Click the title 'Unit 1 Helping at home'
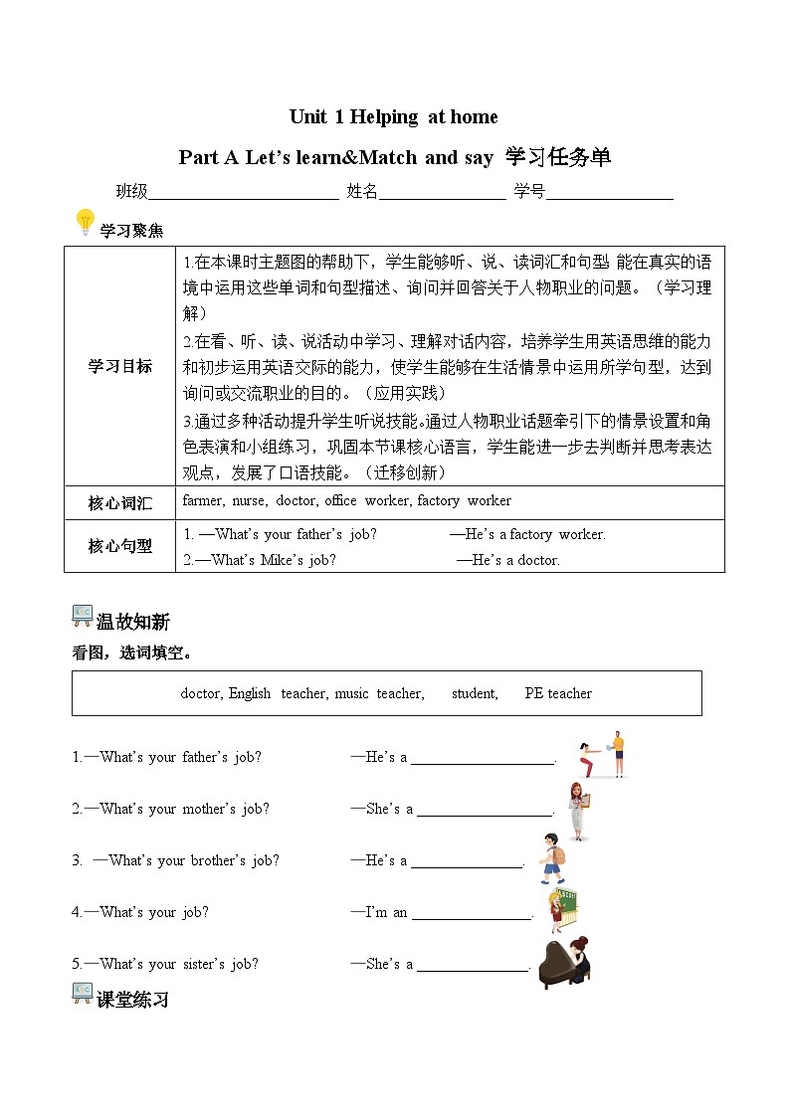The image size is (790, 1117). (x=393, y=117)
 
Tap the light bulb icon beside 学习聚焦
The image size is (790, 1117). (x=86, y=222)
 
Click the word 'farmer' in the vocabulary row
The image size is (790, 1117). (x=203, y=500)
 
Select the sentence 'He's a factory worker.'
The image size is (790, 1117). (x=527, y=534)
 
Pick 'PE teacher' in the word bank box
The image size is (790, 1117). (x=558, y=693)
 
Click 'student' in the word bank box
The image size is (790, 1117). (x=475, y=693)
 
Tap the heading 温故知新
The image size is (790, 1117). (x=132, y=622)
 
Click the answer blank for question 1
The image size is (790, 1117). (x=483, y=758)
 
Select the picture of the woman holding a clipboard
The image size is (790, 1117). (x=578, y=810)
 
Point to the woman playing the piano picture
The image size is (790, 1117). (x=564, y=962)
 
